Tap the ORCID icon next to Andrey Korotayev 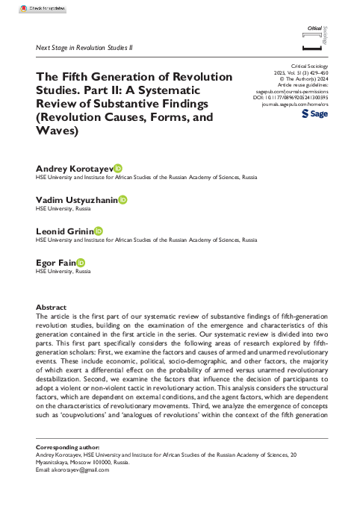(x=117, y=170)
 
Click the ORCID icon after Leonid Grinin (x=98, y=232)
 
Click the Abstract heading (x=52, y=307)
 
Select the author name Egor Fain (x=56, y=263)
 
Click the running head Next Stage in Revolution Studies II (x=84, y=47)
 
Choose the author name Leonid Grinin (x=64, y=232)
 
